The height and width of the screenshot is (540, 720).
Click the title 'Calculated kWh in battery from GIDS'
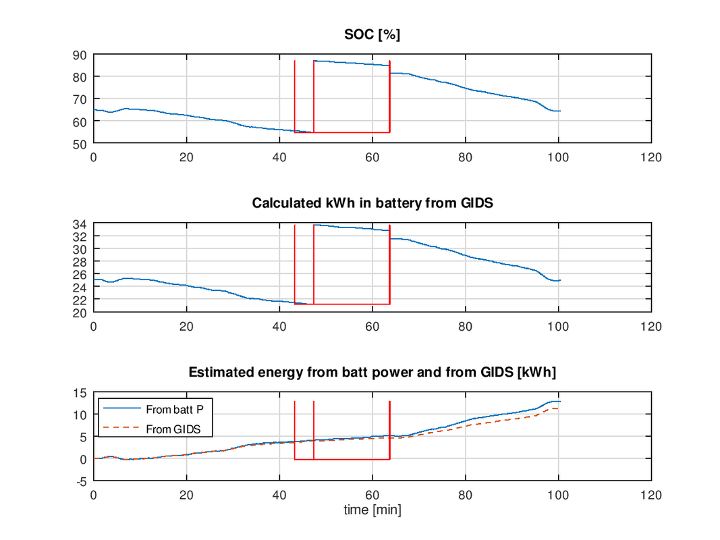pos(372,203)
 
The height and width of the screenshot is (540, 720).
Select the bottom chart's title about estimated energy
pos(372,372)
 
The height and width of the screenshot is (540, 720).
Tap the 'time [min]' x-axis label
pos(372,510)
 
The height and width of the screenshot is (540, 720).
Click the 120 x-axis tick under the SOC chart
pos(651,157)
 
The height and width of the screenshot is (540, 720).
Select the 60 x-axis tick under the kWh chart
pos(372,325)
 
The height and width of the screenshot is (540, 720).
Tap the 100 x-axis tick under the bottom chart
pos(558,495)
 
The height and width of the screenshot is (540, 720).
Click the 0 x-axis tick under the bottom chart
pos(94,495)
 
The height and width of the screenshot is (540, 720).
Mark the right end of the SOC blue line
pos(560,111)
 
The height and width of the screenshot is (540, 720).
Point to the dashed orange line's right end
pos(559,408)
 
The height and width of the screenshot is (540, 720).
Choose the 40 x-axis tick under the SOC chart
pos(279,157)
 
